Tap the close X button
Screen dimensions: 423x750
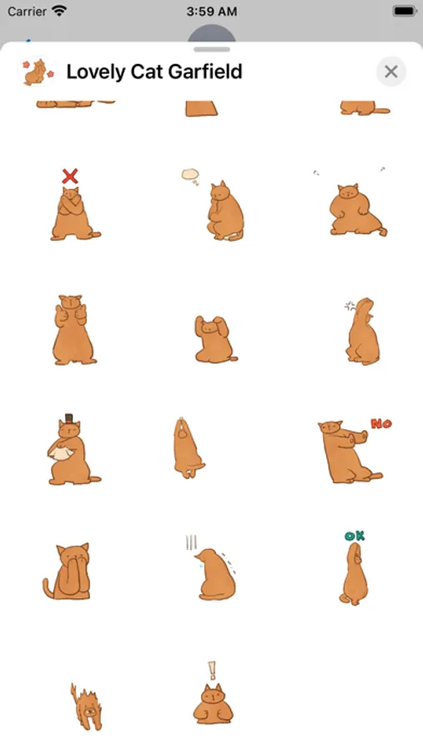coord(391,72)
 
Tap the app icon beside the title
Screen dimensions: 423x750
coord(37,72)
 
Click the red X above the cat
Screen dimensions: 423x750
coord(70,176)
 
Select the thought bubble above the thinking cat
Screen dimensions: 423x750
coord(191,174)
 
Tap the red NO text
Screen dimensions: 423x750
coord(381,423)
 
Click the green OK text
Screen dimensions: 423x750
coord(355,536)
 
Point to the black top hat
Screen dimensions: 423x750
coord(69,418)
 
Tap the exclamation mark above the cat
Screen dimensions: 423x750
coord(212,670)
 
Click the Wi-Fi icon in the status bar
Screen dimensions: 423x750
coord(59,11)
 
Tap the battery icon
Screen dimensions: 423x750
coord(405,11)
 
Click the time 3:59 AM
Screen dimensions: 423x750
coord(211,12)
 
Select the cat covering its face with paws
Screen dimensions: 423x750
coord(67,571)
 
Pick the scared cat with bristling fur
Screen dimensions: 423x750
coord(87,707)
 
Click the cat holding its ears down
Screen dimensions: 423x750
coord(215,338)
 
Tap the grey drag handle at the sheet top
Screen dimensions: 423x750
coord(212,49)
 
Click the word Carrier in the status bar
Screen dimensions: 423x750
coord(27,11)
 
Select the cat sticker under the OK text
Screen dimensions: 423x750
coord(355,574)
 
